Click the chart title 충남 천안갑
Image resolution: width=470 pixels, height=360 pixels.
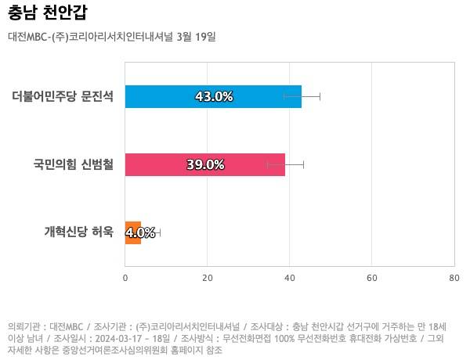point(48,13)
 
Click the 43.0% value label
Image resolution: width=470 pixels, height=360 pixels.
point(213,96)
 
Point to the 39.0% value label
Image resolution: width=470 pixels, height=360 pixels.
point(205,164)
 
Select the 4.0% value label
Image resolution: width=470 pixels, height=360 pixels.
point(140,232)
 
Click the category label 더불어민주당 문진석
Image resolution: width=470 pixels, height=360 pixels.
point(63,97)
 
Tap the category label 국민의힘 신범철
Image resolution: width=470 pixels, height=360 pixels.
point(73,165)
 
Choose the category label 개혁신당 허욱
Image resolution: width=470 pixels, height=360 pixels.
point(78,232)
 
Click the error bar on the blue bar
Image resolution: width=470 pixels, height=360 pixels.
point(311,96)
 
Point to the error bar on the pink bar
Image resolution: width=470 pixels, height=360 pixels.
point(295,164)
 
